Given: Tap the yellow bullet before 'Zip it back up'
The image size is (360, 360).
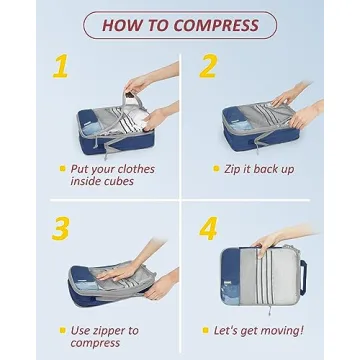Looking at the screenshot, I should (216, 168).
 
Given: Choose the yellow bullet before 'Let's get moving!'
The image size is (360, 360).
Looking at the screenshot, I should (216, 329).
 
